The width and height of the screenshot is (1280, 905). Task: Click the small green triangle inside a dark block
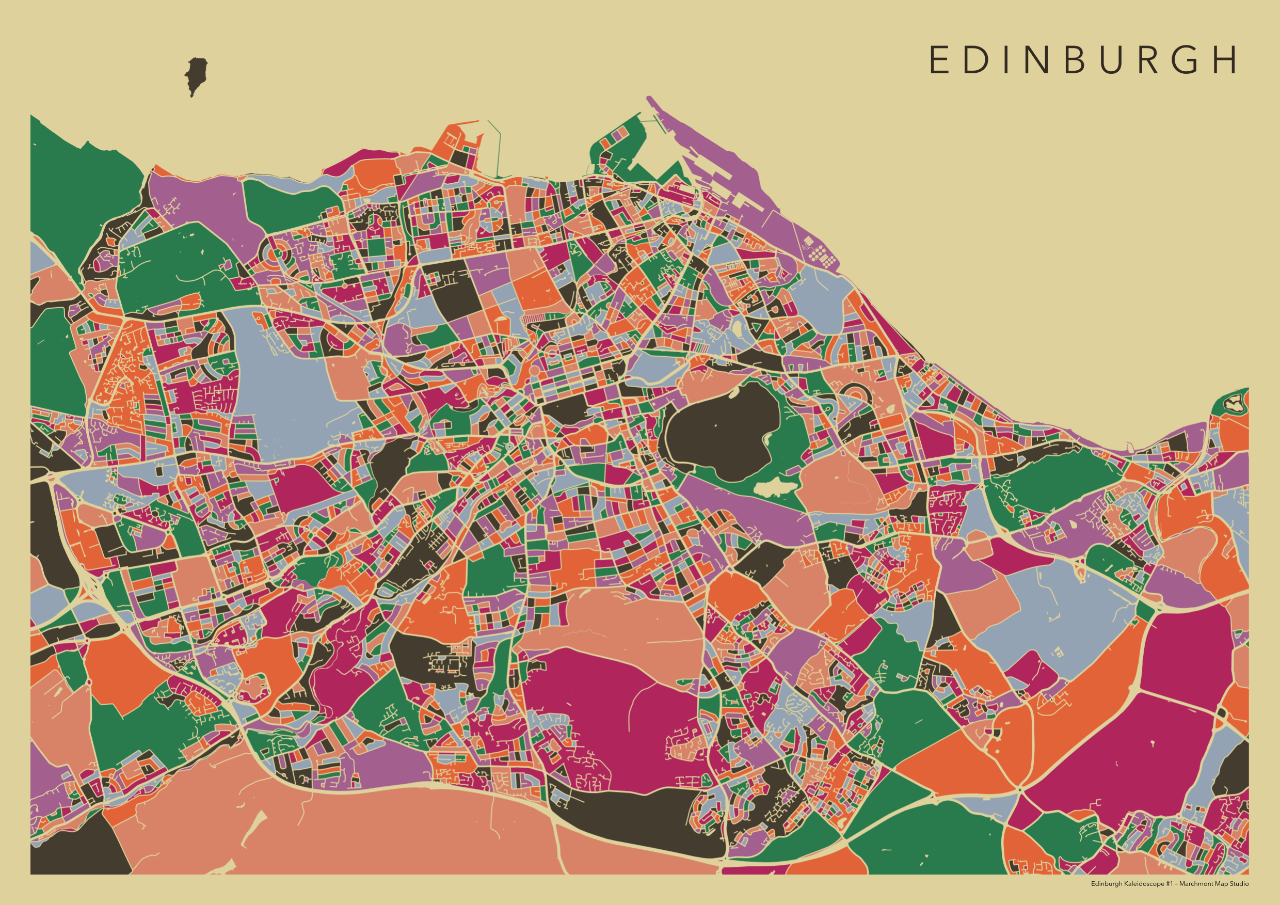click(x=757, y=327)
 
